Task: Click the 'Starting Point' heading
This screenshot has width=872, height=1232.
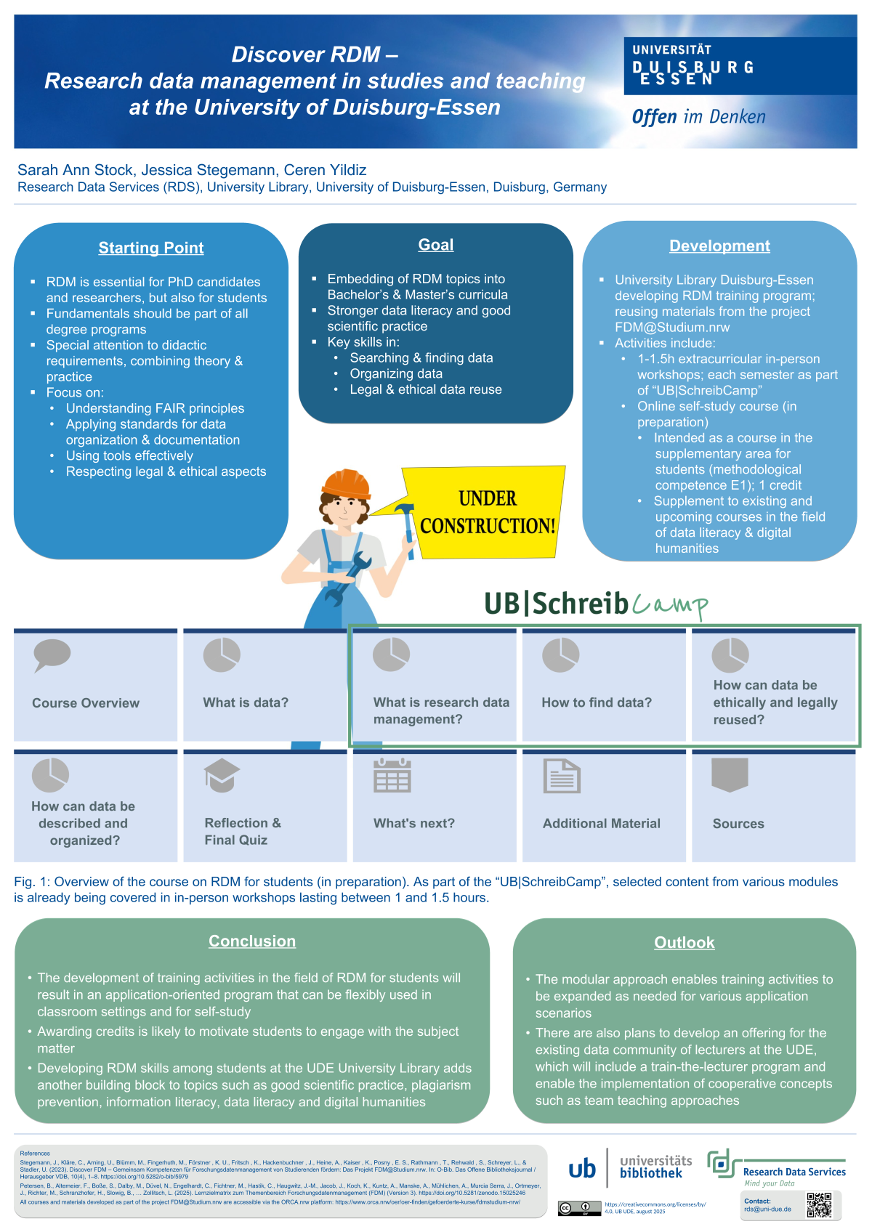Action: (151, 248)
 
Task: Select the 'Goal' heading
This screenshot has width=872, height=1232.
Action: (436, 245)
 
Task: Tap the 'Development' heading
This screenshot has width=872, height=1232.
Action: (719, 246)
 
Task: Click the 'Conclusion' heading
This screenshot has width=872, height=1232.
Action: (252, 941)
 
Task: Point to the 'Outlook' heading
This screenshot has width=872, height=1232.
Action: (685, 943)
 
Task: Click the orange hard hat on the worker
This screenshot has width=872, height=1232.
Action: (347, 484)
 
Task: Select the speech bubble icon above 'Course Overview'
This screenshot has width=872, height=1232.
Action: (52, 654)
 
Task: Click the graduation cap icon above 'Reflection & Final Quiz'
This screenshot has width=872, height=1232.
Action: (222, 775)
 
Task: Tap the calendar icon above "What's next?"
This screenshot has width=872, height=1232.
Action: (392, 775)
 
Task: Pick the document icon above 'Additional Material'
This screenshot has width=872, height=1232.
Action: (562, 776)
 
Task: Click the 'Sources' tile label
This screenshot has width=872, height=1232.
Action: (738, 824)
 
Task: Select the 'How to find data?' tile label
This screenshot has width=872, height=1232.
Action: (597, 702)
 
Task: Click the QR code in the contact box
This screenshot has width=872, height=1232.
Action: (819, 1205)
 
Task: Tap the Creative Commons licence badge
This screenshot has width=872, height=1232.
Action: (575, 1208)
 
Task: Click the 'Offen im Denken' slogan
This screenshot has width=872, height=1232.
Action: (698, 117)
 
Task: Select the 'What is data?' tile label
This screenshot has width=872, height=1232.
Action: (246, 702)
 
